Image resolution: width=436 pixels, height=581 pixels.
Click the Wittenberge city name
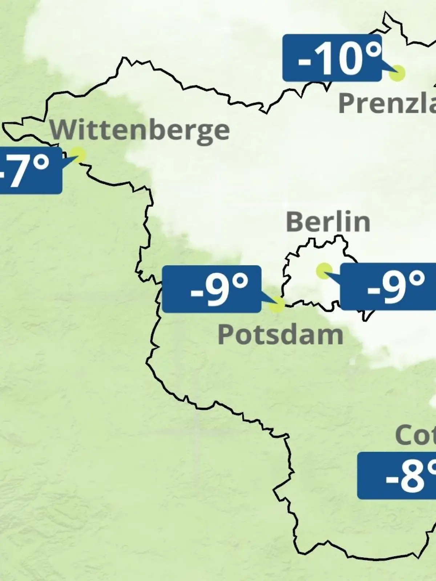click(x=140, y=131)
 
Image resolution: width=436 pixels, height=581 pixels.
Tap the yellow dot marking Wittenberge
click(x=78, y=155)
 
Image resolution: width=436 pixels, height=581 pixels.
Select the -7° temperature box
click(x=29, y=170)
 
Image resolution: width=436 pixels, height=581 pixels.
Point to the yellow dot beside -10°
click(x=397, y=73)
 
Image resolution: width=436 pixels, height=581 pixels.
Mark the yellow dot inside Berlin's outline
click(x=324, y=270)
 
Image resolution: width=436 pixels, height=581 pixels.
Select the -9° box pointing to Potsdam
click(x=211, y=289)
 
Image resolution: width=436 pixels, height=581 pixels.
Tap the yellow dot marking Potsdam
click(x=276, y=304)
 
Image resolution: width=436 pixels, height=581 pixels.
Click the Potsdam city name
click(x=280, y=334)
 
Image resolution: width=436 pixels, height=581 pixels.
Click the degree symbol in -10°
click(x=372, y=51)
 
